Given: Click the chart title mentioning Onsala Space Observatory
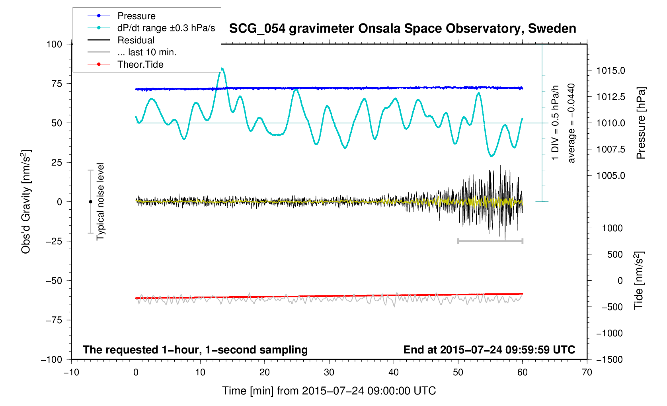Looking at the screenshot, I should click(402, 29).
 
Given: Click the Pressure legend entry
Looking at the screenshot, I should click(136, 16).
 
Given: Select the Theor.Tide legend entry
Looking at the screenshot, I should click(140, 64).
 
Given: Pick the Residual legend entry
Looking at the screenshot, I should click(136, 40).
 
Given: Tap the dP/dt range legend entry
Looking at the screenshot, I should click(166, 28).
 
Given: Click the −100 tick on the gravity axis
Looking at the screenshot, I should click(52, 359).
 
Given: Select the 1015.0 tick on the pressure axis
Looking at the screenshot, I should click(610, 71).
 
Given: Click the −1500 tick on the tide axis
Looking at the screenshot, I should click(609, 359).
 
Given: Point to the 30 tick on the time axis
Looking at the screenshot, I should click(329, 373).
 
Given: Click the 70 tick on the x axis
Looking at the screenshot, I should click(587, 373).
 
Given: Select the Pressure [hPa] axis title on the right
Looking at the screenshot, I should click(640, 123).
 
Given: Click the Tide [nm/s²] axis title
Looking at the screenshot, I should click(639, 281).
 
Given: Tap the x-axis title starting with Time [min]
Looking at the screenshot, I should click(329, 391).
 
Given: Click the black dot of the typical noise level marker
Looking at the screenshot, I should click(90, 202).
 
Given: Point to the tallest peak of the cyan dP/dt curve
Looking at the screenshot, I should click(222, 68).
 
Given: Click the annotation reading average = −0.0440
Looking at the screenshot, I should click(571, 123).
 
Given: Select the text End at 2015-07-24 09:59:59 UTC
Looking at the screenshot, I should click(489, 350).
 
